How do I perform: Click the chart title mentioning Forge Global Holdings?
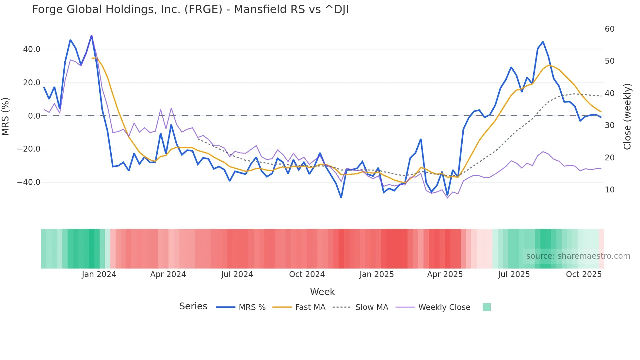pos(190,9)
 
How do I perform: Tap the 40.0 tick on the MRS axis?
pos(32,49)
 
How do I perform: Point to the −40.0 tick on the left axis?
pos(29,182)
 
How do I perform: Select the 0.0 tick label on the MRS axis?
pos(34,116)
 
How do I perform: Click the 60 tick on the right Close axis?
pos(609,29)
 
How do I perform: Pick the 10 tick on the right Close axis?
pos(609,190)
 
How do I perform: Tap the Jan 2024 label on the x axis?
pos(99,274)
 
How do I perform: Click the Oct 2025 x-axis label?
pos(584,274)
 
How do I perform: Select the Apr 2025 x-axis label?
pos(445,274)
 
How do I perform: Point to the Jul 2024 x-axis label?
pos(237,274)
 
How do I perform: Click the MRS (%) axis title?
pos(6,116)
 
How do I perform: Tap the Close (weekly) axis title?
pos(627,116)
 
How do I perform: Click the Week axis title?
pos(322,292)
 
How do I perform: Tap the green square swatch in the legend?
pos(487,307)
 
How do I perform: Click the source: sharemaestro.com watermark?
pos(578,256)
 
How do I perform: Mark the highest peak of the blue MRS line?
pos(91,35)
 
